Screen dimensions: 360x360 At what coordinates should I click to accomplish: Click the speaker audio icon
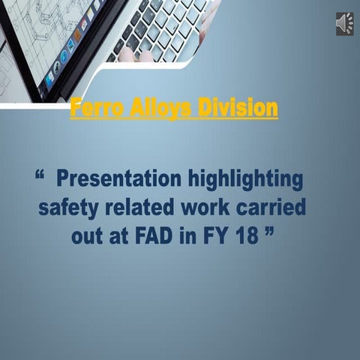(x=345, y=23)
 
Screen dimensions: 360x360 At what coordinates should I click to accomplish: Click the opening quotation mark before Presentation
(x=40, y=175)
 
